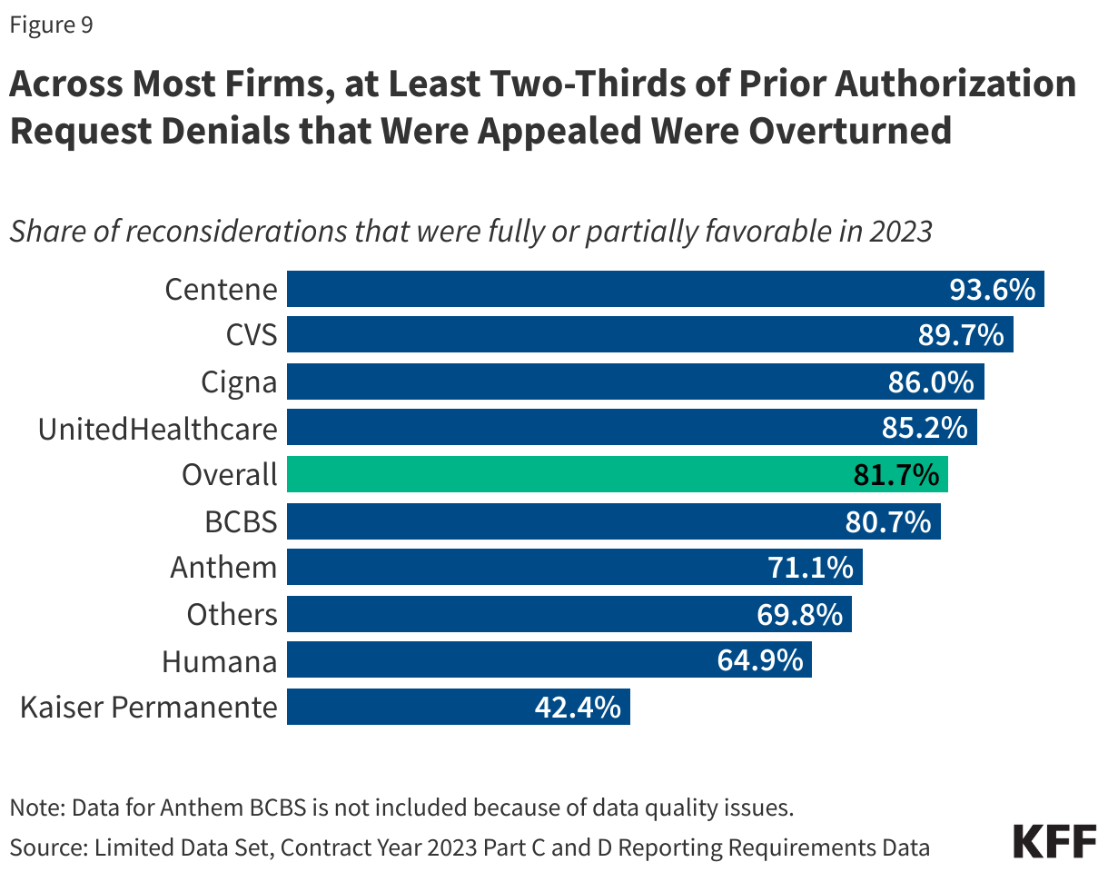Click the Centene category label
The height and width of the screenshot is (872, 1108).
click(221, 290)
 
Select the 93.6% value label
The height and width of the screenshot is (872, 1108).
click(992, 290)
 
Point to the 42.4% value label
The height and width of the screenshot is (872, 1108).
click(578, 707)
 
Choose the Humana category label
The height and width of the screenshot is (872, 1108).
click(219, 660)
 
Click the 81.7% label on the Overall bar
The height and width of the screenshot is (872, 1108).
click(895, 475)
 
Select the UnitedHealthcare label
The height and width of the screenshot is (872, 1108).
click(157, 428)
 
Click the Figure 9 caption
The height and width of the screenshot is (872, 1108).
click(51, 25)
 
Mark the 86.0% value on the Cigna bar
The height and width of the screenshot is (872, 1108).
click(931, 382)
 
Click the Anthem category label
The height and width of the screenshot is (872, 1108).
click(223, 568)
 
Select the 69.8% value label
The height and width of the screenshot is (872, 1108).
click(799, 614)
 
